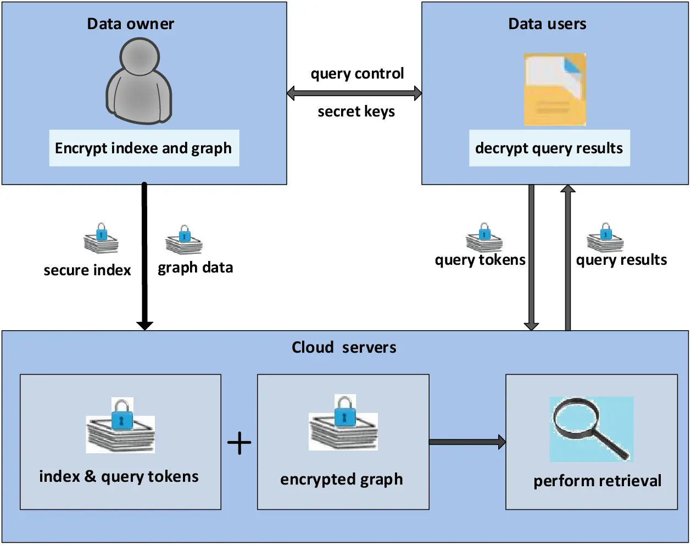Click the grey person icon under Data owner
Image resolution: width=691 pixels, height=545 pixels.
[x=139, y=81]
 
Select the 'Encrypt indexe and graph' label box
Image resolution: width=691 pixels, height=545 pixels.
[x=144, y=148]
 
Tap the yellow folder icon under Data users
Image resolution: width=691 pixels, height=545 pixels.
[x=555, y=90]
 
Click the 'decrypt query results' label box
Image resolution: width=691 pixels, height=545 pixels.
[x=549, y=148]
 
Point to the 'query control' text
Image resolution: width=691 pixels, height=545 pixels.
[x=357, y=74]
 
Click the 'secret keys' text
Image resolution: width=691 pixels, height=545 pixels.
[x=356, y=112]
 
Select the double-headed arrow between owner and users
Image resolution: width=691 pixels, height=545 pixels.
[x=354, y=93]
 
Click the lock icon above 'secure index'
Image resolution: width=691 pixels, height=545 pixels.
[x=101, y=238]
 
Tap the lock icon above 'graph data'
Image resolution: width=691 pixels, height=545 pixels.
[x=184, y=240]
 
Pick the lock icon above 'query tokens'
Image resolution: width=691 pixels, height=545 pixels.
[x=484, y=237]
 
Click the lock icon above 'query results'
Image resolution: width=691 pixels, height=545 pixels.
[x=605, y=237]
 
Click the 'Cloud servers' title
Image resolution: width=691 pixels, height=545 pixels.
[x=344, y=347]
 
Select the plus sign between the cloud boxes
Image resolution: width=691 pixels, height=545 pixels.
[x=239, y=443]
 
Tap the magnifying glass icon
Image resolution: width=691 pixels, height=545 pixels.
[x=590, y=430]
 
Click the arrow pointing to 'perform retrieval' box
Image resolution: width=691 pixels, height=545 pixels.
[x=467, y=442]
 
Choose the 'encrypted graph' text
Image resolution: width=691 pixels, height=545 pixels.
[x=342, y=479]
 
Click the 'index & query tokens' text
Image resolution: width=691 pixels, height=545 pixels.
[x=119, y=476]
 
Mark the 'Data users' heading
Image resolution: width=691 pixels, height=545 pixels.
[x=547, y=24]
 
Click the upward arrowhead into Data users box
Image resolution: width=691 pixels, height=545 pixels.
[x=568, y=190]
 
